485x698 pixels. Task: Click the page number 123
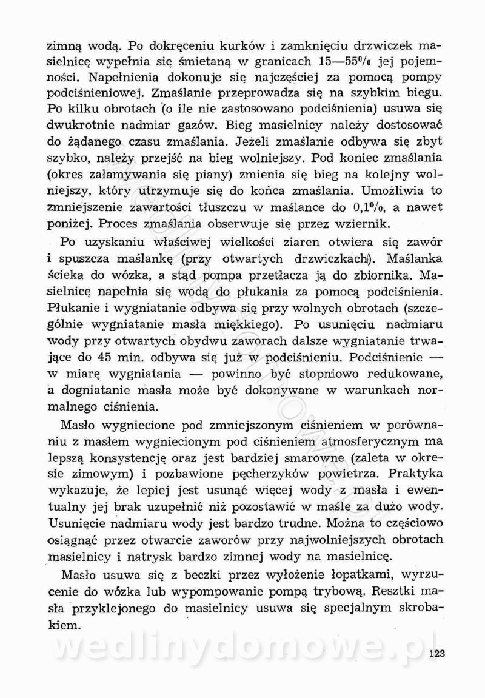pyautogui.click(x=437, y=653)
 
